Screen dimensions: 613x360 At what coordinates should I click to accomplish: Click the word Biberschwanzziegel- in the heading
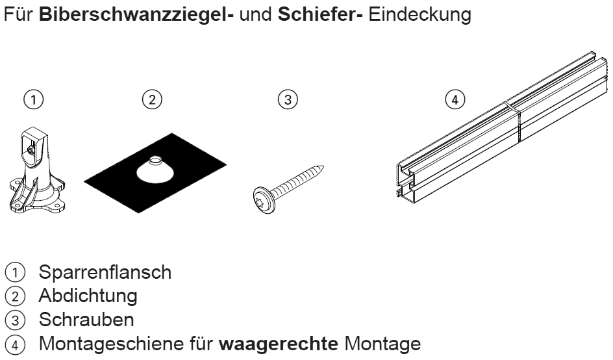[136, 14]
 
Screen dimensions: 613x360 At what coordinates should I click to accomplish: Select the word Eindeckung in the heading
[419, 14]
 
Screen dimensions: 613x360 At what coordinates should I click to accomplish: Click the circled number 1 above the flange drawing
[34, 99]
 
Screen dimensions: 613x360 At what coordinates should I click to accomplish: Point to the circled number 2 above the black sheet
[152, 99]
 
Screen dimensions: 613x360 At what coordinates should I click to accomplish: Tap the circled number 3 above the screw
[288, 99]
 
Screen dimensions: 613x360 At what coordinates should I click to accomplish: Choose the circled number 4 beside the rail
[455, 99]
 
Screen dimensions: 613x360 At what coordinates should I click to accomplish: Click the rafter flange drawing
[36, 171]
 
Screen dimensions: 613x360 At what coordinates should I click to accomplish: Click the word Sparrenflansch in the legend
[105, 272]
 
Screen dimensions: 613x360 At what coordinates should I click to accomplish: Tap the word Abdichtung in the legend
[88, 296]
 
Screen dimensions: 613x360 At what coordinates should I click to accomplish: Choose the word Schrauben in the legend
[86, 320]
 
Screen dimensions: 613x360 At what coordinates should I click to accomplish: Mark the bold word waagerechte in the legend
[278, 344]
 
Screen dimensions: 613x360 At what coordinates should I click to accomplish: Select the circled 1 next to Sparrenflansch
[15, 273]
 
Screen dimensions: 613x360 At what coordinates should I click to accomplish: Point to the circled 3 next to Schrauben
[15, 320]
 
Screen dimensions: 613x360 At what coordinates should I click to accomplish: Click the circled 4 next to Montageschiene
[15, 345]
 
